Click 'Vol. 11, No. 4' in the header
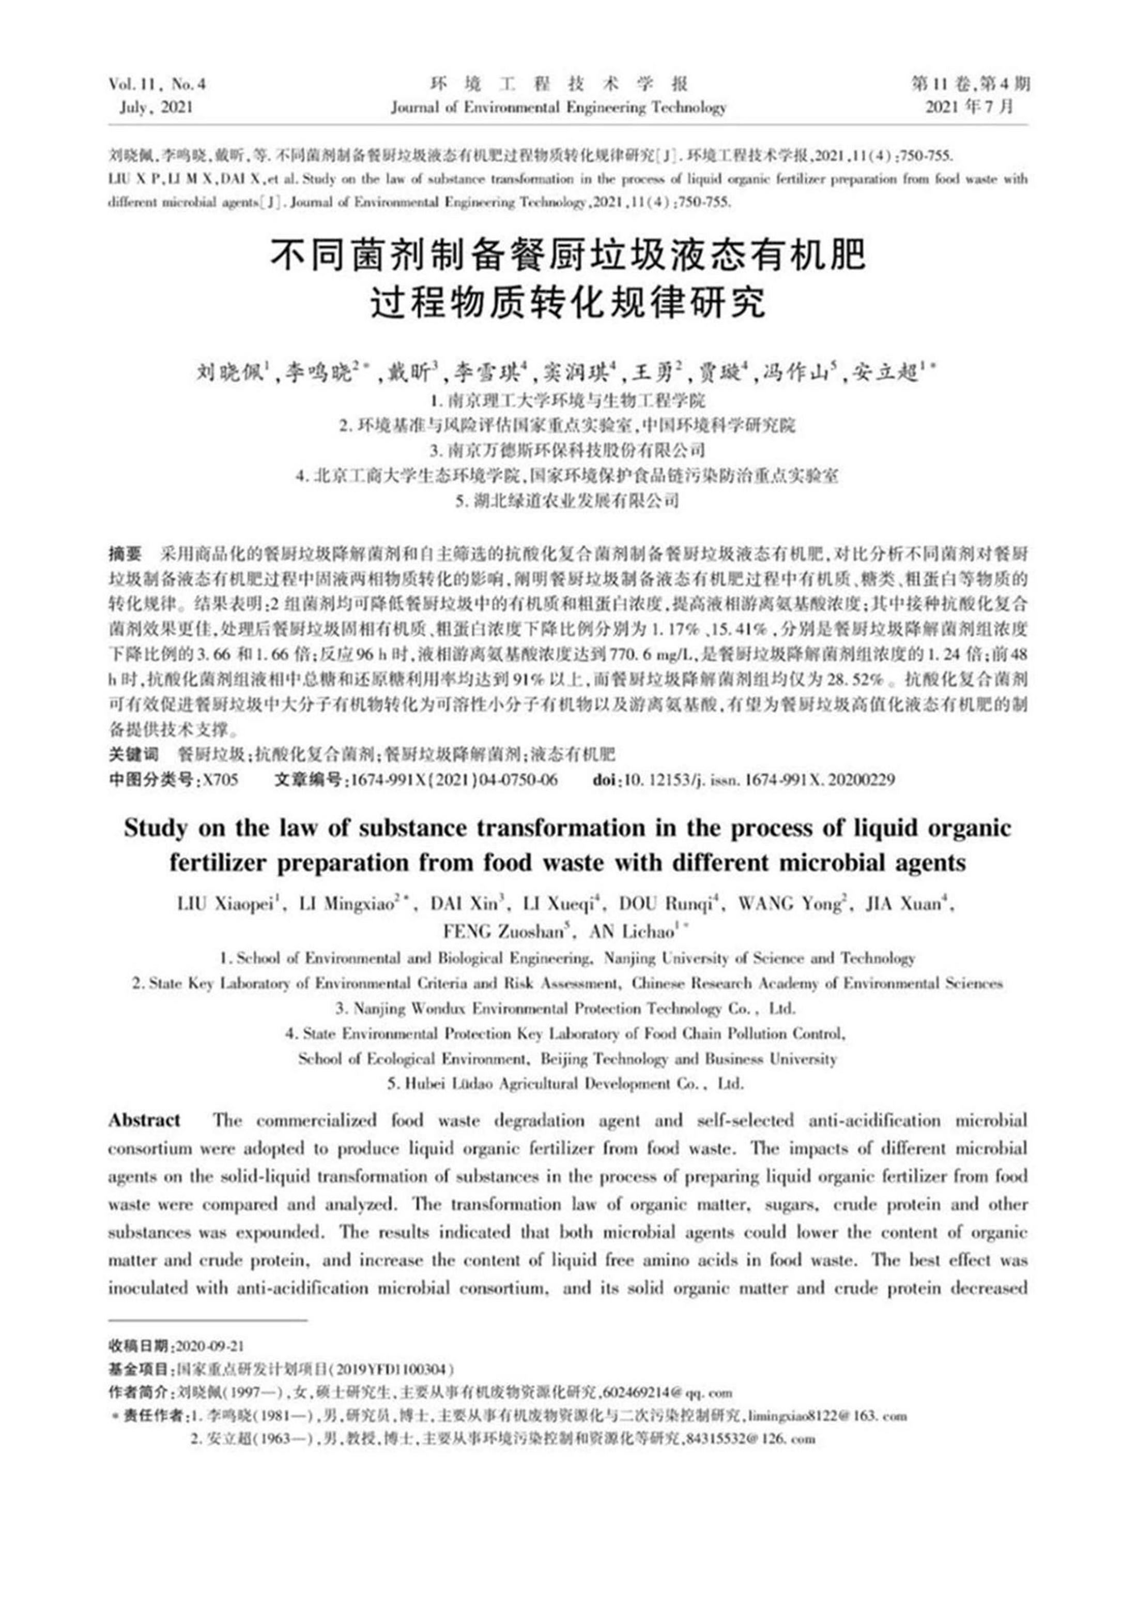click(x=158, y=85)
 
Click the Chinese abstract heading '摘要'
click(x=125, y=553)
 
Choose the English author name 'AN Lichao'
click(x=632, y=932)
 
